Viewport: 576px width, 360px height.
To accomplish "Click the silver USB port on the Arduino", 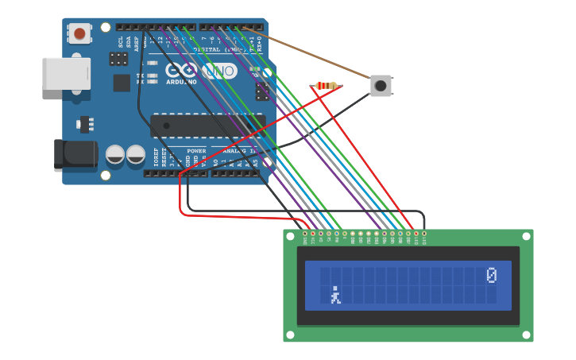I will (x=66, y=73).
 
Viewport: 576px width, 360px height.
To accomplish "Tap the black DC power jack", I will (x=75, y=154).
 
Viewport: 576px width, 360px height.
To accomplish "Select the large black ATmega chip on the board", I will (x=208, y=126).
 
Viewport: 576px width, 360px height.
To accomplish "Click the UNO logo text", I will (x=219, y=71).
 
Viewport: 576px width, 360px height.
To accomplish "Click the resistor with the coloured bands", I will (x=326, y=86).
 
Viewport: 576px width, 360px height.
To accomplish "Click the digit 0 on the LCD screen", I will (x=491, y=275).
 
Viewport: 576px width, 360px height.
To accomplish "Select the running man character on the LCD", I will (x=335, y=296).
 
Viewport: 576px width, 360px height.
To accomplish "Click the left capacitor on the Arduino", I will (x=115, y=153).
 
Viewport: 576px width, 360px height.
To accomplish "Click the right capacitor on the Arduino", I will (x=136, y=153).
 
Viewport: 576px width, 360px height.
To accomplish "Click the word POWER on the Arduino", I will (x=196, y=150).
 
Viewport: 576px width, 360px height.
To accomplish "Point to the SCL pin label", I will (x=121, y=42).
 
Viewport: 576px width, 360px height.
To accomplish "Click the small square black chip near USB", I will (x=122, y=83).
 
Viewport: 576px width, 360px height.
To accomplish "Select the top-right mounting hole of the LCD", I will (x=525, y=236).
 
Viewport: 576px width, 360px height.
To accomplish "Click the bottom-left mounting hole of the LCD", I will (x=291, y=335).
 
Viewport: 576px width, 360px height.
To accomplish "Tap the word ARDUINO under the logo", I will (x=181, y=82).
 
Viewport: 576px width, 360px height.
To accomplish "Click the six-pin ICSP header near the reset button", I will (x=118, y=59).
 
